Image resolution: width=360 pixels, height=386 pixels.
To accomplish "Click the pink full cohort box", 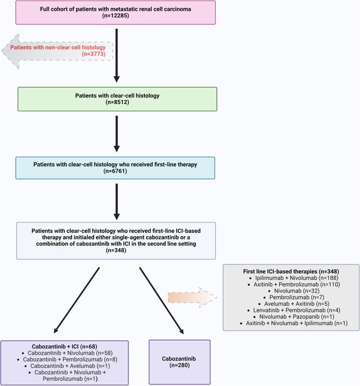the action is coord(115,12).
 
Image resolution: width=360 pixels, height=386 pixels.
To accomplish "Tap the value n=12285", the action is coord(115,15).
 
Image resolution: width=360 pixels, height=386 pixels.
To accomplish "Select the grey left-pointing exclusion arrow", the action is coord(57,51).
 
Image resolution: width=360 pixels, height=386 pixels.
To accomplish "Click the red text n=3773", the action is coord(94,54).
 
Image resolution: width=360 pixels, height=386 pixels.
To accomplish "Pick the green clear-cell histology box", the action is coord(117,99).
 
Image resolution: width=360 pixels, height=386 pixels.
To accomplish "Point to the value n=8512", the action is coord(117,102).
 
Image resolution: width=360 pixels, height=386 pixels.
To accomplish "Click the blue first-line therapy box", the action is coord(115,168).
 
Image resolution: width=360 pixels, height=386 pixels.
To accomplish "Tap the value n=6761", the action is coord(115,171).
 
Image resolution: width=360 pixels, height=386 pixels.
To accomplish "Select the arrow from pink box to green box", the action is coord(116,56).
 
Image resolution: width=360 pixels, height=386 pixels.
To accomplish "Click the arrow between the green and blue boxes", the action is coord(116,134).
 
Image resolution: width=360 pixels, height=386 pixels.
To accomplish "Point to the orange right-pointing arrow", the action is coord(192,297).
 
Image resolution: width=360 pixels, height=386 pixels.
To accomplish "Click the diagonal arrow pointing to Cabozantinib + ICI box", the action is coord(77,300).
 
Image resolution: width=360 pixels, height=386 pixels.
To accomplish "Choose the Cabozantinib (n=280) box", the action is coord(179,362).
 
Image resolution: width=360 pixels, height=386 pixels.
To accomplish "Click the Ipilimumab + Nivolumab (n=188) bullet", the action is coord(296,278).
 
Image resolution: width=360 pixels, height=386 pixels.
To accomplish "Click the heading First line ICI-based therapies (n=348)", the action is coord(291,271).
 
